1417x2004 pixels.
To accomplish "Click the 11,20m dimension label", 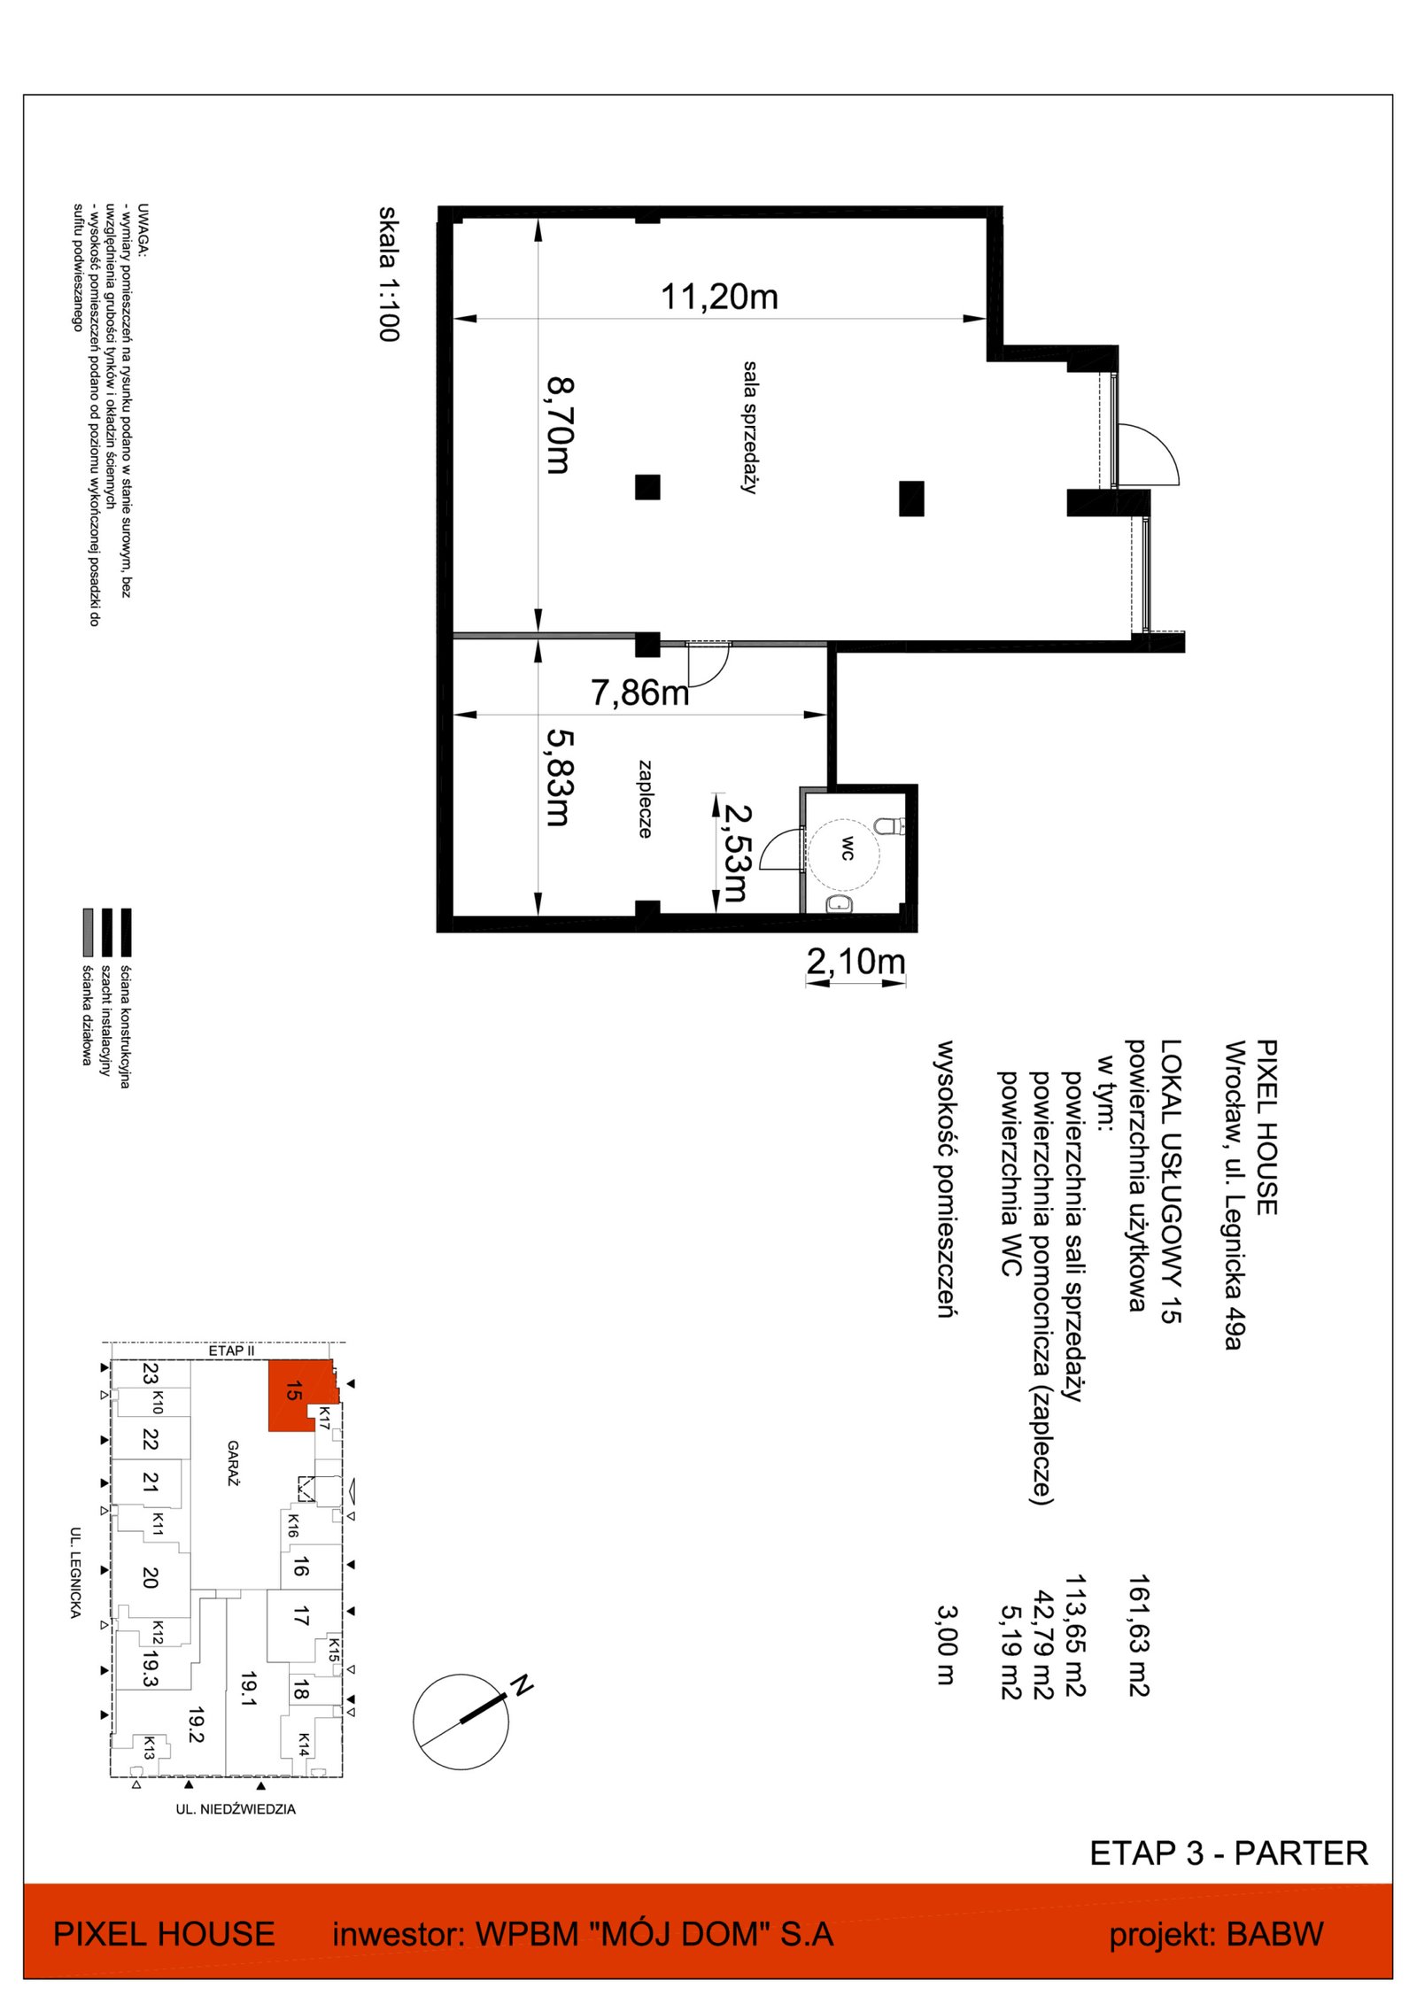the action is [x=719, y=297].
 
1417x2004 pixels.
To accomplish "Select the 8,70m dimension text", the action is [x=560, y=425].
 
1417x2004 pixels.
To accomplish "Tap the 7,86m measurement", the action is [x=639, y=693].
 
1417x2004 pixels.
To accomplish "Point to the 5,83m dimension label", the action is [x=559, y=777].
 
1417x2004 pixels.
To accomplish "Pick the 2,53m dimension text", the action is [x=736, y=853].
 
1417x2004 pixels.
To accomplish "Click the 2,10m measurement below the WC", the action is [x=856, y=961].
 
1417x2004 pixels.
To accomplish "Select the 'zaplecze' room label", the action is [x=645, y=799].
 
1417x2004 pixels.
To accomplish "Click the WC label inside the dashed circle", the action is [x=848, y=847].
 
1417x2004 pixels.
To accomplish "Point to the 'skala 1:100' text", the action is [x=389, y=274].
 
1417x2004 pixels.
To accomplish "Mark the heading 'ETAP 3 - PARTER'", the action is [x=1228, y=1853].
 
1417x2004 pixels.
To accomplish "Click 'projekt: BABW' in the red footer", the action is [x=1216, y=1934].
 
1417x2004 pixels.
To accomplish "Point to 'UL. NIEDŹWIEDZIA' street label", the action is [x=236, y=1809].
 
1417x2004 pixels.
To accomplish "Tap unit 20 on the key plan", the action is [x=150, y=1576].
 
